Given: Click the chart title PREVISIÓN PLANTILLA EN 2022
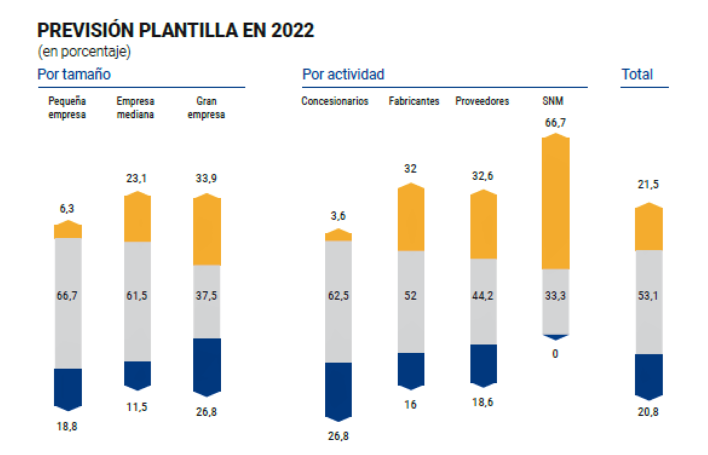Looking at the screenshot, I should point(176,31).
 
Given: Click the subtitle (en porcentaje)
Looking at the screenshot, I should point(84,51).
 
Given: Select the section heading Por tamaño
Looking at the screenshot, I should point(74,74).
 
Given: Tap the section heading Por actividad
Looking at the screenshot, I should point(343,74).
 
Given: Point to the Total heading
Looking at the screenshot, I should point(637,74).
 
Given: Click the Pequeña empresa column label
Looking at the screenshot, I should point(67,108).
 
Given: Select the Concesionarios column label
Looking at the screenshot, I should point(335,101).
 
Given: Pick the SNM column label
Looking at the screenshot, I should point(553,101).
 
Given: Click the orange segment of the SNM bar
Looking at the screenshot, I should point(555,204).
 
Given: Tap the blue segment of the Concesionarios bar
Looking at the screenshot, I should point(338,389).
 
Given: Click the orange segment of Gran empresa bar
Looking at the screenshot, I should point(207,230).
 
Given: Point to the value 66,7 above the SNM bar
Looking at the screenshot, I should point(555,123).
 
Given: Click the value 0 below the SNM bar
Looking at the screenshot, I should point(555,354).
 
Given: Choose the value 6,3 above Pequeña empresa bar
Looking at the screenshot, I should point(67,208).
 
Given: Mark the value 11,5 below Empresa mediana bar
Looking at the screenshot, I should point(137,407).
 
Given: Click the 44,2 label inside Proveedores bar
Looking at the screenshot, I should point(482,295).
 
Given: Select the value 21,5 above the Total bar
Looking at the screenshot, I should point(648,184).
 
